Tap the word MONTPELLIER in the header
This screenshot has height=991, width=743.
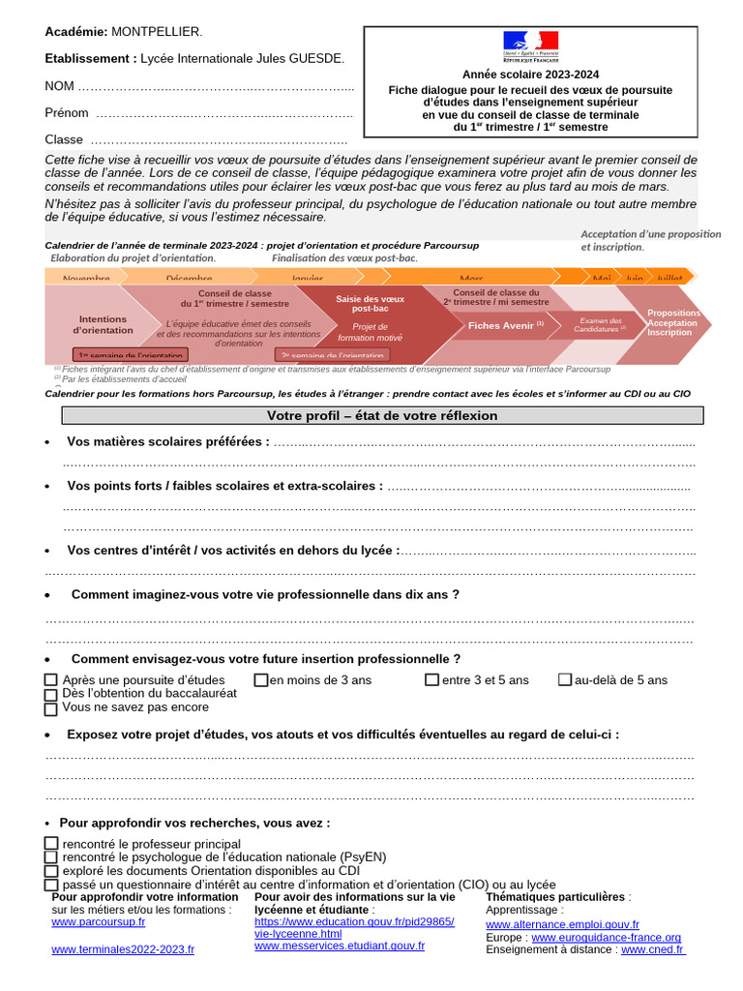[158, 32]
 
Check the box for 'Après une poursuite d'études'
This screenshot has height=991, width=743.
[51, 680]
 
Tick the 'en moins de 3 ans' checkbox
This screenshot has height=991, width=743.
[261, 680]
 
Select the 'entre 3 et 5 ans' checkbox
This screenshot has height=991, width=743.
[432, 680]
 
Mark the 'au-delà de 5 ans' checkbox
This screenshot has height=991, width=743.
[565, 680]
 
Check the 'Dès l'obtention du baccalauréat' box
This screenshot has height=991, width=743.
[51, 694]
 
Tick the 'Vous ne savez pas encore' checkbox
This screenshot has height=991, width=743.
[51, 707]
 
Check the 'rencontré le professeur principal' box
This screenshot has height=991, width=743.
[51, 844]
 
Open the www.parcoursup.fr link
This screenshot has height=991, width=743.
[99, 922]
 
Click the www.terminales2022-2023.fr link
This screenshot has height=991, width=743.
[123, 950]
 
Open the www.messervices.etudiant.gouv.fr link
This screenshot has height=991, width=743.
[340, 946]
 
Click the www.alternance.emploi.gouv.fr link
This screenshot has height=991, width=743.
[562, 925]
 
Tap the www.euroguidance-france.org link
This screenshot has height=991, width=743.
[607, 938]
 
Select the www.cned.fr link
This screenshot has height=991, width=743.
[653, 950]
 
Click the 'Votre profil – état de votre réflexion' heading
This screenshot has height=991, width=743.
[382, 416]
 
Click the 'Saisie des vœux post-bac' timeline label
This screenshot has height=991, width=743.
[371, 304]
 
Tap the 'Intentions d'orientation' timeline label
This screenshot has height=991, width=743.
[103, 324]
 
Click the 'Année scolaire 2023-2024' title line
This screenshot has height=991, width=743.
[530, 75]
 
